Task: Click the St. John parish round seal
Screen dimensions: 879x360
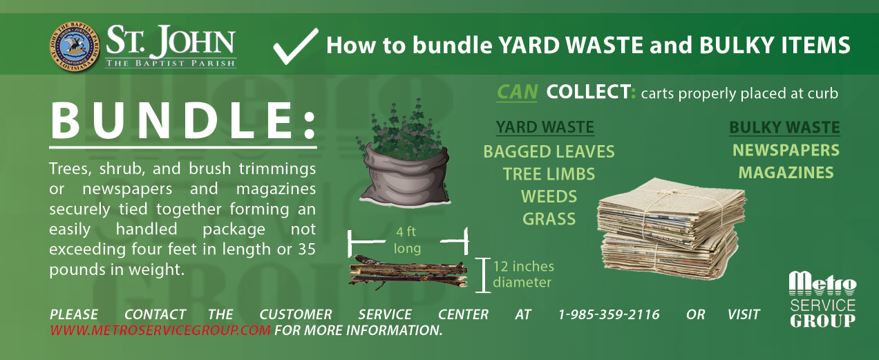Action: point(75,46)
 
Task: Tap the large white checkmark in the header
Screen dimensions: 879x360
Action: point(296,46)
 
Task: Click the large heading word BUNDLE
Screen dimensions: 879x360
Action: point(183,120)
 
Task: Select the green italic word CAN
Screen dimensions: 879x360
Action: point(517,93)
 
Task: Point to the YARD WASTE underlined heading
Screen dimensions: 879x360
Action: point(545,127)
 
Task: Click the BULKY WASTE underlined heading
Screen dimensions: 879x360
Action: point(784,127)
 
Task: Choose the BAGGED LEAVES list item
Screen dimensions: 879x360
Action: point(549,152)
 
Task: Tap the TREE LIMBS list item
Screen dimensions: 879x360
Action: point(549,174)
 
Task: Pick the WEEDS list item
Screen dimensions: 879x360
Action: point(549,197)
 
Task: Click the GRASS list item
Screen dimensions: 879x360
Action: point(549,219)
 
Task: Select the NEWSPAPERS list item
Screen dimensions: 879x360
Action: point(786,151)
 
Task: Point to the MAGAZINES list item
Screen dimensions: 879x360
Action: point(786,173)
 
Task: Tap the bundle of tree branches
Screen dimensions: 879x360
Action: point(408,272)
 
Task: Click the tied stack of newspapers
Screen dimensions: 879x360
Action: point(671,229)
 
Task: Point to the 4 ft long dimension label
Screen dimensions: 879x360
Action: point(406,240)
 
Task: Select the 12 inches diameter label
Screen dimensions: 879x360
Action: point(523,274)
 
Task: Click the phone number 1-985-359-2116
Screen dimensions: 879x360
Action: point(609,314)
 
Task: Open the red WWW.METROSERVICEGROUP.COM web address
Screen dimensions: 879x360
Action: point(160,330)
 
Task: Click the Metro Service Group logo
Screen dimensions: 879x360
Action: point(822,300)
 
